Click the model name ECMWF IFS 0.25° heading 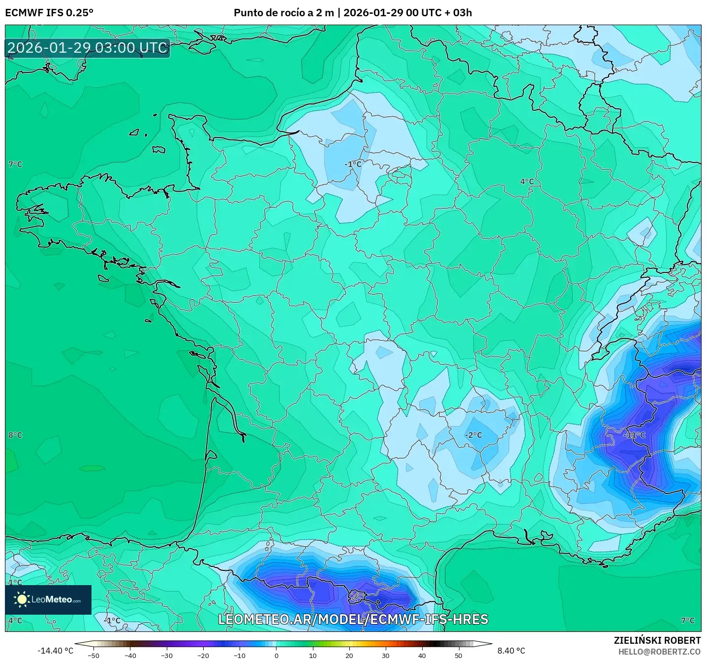[x=49, y=13]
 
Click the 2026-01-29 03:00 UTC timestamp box [x=88, y=48]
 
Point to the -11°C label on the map [x=634, y=435]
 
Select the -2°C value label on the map [x=474, y=435]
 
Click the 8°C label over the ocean [x=15, y=435]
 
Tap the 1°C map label [x=15, y=582]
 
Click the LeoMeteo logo [x=48, y=599]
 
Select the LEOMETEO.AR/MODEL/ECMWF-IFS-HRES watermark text [x=353, y=619]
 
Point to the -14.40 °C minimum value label [x=55, y=651]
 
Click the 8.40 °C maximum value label [x=511, y=651]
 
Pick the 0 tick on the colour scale [x=276, y=655]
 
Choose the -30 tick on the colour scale [x=167, y=655]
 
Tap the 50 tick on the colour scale [x=459, y=655]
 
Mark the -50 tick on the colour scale [x=93, y=655]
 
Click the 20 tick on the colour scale [x=349, y=655]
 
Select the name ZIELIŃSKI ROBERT [x=657, y=640]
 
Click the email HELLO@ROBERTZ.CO [x=659, y=652]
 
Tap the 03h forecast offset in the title [x=462, y=13]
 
